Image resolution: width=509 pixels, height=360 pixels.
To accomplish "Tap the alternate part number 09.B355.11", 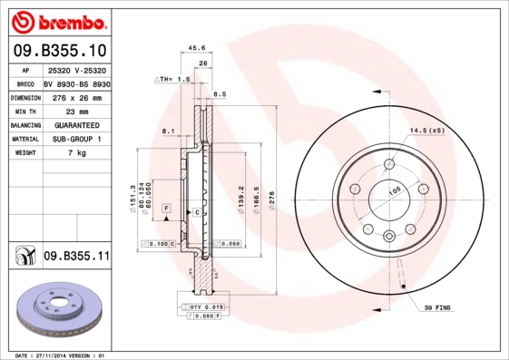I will pos(76,258).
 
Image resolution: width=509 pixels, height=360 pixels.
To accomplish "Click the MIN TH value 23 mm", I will pos(76,111).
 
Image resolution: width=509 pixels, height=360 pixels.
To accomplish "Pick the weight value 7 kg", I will pos(76,153).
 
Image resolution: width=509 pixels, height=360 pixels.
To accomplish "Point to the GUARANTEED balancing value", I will pos(76,125).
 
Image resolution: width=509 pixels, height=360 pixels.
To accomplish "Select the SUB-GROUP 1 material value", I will pos(76,140).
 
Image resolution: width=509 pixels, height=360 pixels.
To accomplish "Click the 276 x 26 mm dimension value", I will pos(76,97).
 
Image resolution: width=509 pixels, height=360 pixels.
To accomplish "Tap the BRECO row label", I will pos(25,83).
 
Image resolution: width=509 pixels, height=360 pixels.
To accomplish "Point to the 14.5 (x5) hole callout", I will pos(426,131).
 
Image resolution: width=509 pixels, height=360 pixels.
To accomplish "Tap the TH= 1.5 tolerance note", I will pos(172,79).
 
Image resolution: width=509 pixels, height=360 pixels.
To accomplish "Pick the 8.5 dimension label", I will pos(220,94).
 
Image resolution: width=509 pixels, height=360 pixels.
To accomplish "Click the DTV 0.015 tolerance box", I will pos(204,307).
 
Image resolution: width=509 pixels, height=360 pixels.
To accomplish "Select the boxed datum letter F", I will pos(167,209).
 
